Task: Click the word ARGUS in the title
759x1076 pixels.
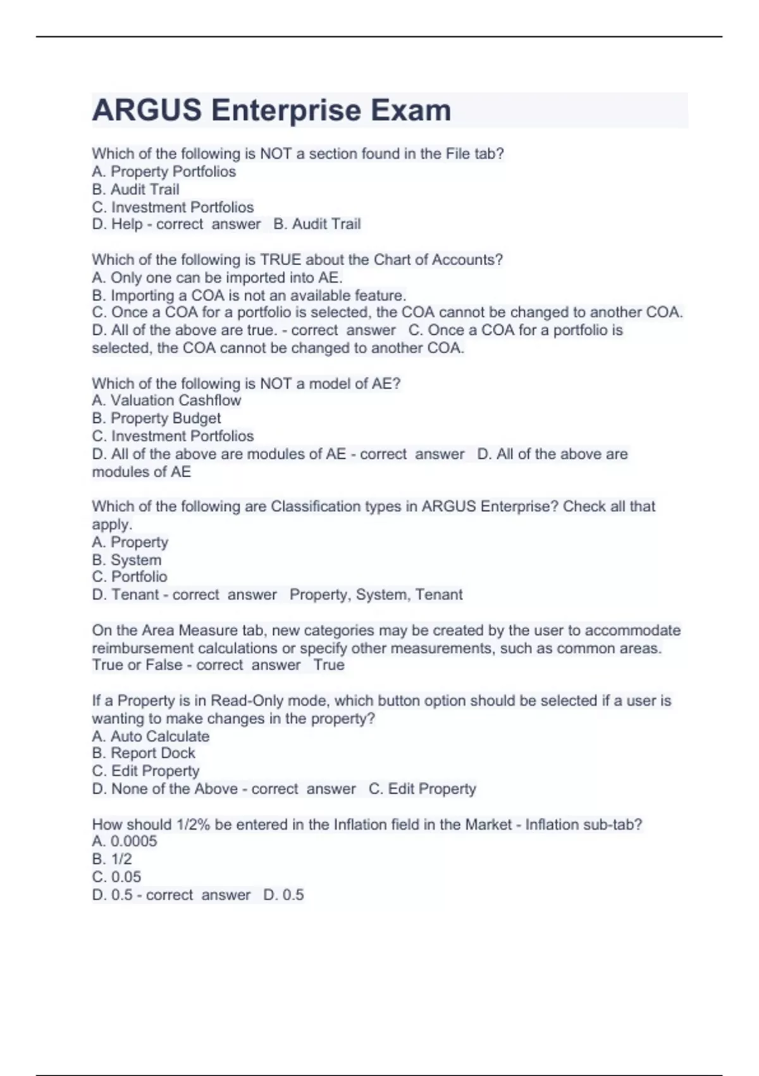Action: coord(147,110)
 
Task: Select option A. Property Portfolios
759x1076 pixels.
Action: coord(164,172)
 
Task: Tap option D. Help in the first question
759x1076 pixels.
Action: coord(117,224)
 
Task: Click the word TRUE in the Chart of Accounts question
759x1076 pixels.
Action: coord(281,260)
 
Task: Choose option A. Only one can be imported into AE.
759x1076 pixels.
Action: coord(217,277)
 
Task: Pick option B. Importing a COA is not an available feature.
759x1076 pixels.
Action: coord(249,295)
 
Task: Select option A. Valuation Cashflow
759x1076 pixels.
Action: coord(166,400)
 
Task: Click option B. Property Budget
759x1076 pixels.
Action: coord(156,418)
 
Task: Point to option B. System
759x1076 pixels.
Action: coord(126,560)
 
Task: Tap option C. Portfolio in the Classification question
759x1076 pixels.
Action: coord(130,577)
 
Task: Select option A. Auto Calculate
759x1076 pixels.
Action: coord(151,736)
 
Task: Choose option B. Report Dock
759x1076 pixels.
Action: coord(144,753)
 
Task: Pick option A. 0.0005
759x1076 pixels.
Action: coord(125,841)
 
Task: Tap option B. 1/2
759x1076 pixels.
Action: coord(112,859)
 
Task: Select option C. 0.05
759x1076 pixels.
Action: coord(116,877)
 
